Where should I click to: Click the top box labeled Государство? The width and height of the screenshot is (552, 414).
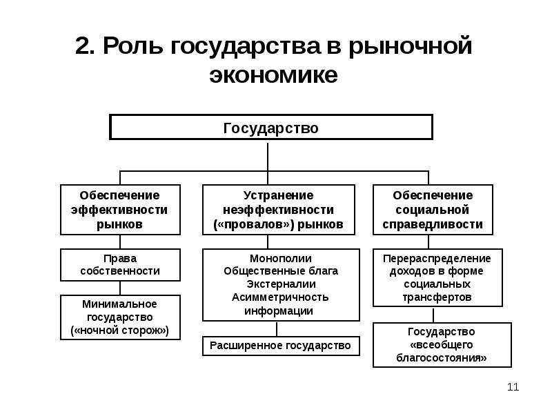pyautogui.click(x=270, y=127)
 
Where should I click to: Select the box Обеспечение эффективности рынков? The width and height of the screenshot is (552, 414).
pyautogui.click(x=120, y=210)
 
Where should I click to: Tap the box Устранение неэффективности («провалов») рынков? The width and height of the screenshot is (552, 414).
pyautogui.click(x=279, y=210)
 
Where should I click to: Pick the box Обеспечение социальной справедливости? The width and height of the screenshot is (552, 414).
pyautogui.click(x=433, y=210)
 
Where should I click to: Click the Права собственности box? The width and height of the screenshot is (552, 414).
pyautogui.click(x=120, y=265)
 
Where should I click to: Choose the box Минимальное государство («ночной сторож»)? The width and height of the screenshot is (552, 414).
pyautogui.click(x=120, y=317)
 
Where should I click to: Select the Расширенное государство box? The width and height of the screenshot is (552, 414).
pyautogui.click(x=281, y=346)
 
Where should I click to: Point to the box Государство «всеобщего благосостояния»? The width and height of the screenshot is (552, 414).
pyautogui.click(x=442, y=345)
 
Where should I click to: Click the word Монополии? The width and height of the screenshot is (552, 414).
pyautogui.click(x=281, y=258)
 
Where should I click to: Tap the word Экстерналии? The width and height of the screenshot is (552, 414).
pyautogui.click(x=281, y=284)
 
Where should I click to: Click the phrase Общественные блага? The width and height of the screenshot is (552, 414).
pyautogui.click(x=281, y=271)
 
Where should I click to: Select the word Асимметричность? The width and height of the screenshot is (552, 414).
pyautogui.click(x=280, y=297)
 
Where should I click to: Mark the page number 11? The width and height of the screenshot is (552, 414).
pyautogui.click(x=513, y=387)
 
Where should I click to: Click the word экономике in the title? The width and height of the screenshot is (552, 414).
pyautogui.click(x=273, y=75)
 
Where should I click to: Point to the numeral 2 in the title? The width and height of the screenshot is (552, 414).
pyautogui.click(x=83, y=46)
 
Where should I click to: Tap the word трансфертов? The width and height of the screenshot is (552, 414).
pyautogui.click(x=437, y=297)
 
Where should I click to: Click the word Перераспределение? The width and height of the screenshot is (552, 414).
pyautogui.click(x=437, y=258)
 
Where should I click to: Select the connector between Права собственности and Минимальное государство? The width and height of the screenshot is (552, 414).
pyautogui.click(x=120, y=288)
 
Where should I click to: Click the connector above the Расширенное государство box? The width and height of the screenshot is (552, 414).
pyautogui.click(x=277, y=329)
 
